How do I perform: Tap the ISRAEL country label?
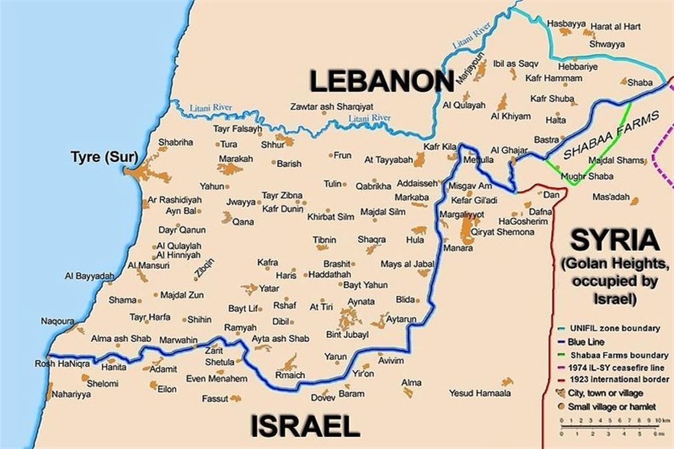(x=304, y=425)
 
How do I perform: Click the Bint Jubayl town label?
(x=347, y=335)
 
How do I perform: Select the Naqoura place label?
(x=57, y=321)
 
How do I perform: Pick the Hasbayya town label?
(x=566, y=25)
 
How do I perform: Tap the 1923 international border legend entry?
(x=618, y=380)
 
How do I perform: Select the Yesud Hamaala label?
(x=480, y=393)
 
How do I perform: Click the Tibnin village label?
(x=325, y=240)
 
